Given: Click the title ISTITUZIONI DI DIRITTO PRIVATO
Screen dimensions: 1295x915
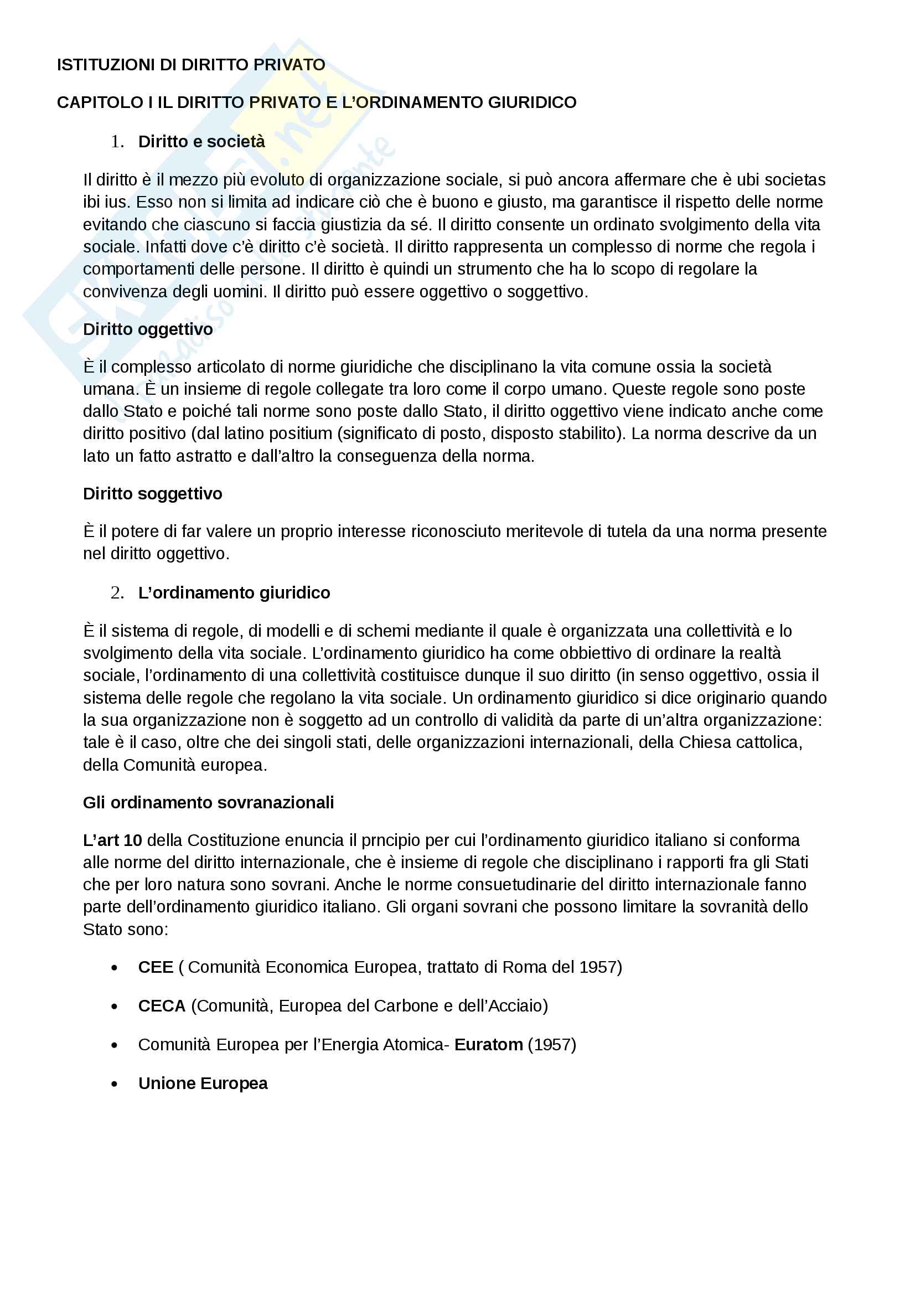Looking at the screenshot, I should [x=190, y=65].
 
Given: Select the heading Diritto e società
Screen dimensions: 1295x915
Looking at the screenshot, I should [x=201, y=142].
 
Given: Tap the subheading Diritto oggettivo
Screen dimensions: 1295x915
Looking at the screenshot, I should [x=148, y=329].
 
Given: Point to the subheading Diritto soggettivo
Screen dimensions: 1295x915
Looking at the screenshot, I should [x=152, y=494].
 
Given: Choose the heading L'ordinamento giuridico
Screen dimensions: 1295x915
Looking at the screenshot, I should [x=234, y=593].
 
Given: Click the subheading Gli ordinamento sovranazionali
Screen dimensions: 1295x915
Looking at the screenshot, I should [x=208, y=803].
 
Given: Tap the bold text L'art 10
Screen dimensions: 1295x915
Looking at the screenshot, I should [x=112, y=840].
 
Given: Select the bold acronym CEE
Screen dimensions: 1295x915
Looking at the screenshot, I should [x=156, y=967].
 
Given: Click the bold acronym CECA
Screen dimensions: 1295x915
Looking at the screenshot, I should [x=162, y=1006].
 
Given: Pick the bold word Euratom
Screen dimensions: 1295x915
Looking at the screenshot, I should [x=488, y=1045].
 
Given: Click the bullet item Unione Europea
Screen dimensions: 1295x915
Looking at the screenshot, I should [x=203, y=1084].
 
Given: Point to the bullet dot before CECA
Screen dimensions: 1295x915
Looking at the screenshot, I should [x=115, y=1007].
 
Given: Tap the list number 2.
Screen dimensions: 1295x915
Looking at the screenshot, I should [x=117, y=593].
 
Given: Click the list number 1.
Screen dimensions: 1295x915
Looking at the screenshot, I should [x=117, y=142].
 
